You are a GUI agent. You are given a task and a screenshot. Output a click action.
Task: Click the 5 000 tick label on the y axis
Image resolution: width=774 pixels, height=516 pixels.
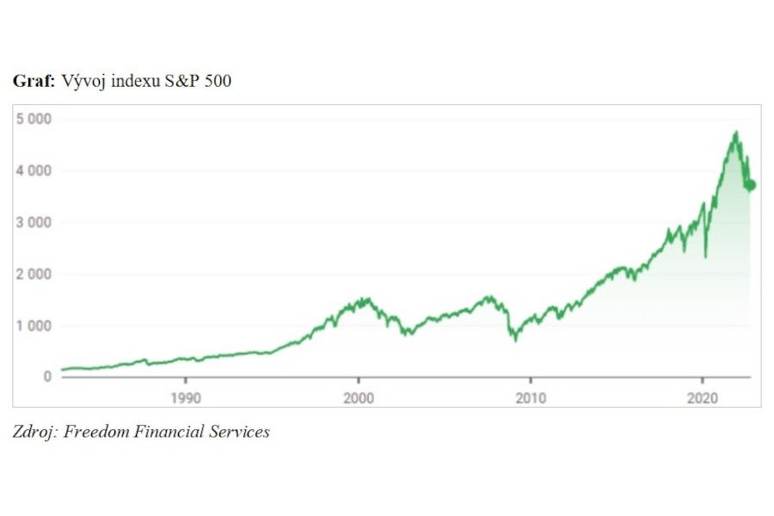click(34, 119)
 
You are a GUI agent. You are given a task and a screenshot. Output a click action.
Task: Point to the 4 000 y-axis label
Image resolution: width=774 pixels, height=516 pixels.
click(34, 170)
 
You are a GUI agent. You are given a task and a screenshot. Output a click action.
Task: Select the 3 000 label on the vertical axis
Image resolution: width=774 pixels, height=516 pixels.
click(34, 222)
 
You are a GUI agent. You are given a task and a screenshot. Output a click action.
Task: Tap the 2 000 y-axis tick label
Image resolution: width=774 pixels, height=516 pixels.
click(34, 274)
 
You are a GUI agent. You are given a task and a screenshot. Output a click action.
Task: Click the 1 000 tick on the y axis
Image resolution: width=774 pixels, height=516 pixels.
click(34, 326)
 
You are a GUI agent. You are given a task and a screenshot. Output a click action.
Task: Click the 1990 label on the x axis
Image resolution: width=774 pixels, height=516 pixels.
click(185, 397)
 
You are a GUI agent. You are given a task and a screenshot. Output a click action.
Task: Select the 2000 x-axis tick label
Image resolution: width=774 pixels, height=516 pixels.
click(358, 397)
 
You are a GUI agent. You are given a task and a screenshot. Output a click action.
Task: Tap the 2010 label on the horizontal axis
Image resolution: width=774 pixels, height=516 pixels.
click(531, 397)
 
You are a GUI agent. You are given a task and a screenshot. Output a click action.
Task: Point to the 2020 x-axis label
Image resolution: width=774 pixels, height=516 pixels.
click(703, 397)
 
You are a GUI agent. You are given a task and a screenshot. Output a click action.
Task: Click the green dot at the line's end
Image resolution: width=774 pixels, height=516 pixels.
click(751, 185)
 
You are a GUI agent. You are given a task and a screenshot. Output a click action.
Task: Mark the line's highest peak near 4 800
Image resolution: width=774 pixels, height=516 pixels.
click(736, 132)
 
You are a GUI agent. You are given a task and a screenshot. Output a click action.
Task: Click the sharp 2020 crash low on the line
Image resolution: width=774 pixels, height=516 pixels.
click(706, 256)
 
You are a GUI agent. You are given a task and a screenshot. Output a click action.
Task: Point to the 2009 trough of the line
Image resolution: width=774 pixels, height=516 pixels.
click(515, 341)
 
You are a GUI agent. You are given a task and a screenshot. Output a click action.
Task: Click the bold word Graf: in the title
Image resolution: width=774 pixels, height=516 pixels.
click(34, 82)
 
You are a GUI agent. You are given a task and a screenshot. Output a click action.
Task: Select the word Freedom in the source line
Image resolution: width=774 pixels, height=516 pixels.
click(95, 432)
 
